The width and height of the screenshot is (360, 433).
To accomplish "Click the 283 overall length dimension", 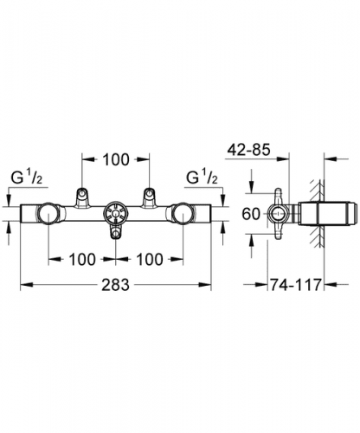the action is [115, 285].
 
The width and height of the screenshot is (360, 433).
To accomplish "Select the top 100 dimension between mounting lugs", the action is [116, 159].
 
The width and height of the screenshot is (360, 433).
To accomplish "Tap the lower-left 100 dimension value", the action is [82, 259].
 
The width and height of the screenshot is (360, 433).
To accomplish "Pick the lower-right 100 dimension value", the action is [150, 259].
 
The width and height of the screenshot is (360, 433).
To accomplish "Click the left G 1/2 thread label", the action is [27, 178].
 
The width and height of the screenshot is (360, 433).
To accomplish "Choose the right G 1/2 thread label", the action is [202, 177].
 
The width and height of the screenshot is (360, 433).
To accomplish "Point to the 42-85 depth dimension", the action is [248, 150].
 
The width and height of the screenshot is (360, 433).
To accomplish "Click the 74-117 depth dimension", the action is [295, 285].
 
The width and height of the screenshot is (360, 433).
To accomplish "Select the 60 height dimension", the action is [251, 214].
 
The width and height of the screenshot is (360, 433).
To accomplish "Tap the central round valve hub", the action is [115, 214].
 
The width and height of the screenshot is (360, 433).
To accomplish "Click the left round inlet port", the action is [48, 214].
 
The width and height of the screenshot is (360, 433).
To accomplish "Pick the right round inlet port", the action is [183, 214].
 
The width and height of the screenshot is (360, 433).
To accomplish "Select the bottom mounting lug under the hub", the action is [115, 232].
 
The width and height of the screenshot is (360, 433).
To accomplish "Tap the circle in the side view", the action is [278, 214].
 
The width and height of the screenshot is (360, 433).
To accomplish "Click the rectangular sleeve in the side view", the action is [327, 214].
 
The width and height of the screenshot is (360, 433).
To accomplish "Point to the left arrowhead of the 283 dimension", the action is [26, 285].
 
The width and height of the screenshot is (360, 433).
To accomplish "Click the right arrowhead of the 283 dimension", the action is [206, 285].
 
